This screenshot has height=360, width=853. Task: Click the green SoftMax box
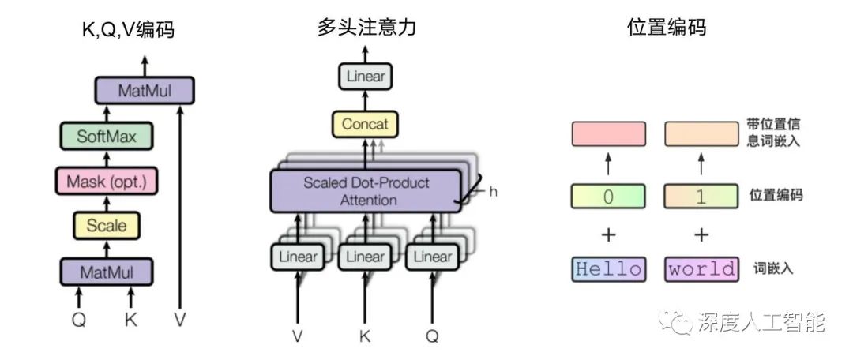click(107, 137)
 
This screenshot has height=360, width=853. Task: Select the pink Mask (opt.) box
click(107, 182)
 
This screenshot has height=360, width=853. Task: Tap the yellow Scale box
click(107, 226)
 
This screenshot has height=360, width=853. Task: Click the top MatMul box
click(144, 90)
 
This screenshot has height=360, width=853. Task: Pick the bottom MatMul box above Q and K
click(107, 272)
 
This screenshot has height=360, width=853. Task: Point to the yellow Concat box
click(365, 124)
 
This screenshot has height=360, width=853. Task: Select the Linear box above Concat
click(365, 76)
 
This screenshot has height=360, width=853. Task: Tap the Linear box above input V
click(298, 257)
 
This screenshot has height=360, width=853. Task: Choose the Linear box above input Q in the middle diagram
click(433, 257)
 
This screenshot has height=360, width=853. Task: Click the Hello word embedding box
click(608, 269)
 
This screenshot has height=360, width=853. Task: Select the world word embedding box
click(701, 269)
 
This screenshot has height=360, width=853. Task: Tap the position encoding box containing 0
click(608, 196)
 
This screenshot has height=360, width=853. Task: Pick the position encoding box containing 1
click(701, 196)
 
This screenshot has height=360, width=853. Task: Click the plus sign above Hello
click(608, 234)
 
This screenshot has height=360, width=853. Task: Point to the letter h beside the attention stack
click(493, 191)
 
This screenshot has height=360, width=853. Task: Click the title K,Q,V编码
click(128, 30)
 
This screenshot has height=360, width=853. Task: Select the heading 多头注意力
click(366, 28)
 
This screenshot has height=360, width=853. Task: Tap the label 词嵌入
click(774, 269)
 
